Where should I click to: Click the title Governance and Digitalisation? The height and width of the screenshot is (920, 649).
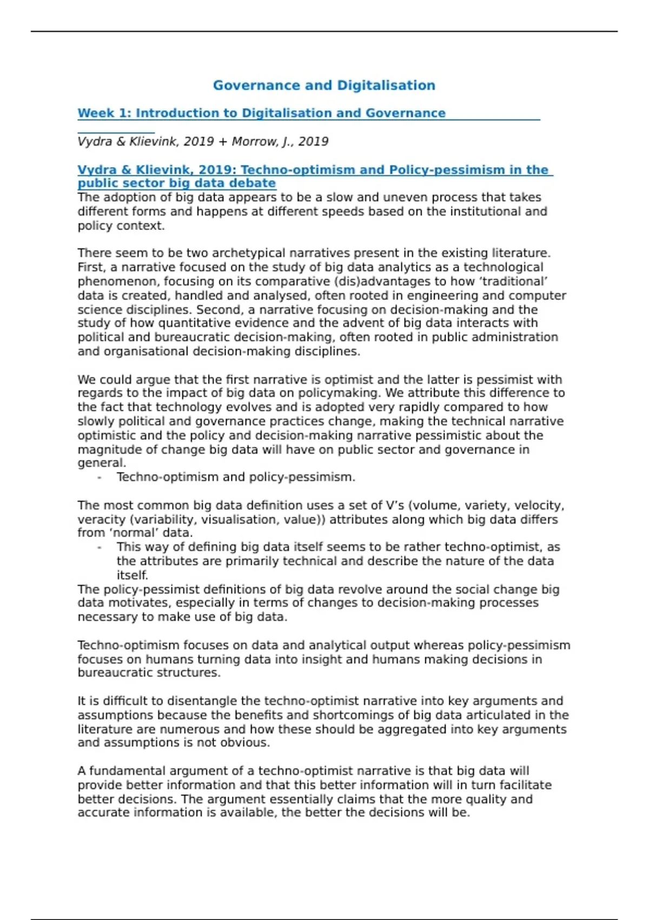click(x=324, y=86)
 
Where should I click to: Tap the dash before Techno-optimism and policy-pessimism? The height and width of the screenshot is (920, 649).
click(x=100, y=477)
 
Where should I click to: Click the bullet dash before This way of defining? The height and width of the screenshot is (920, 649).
click(x=100, y=547)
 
